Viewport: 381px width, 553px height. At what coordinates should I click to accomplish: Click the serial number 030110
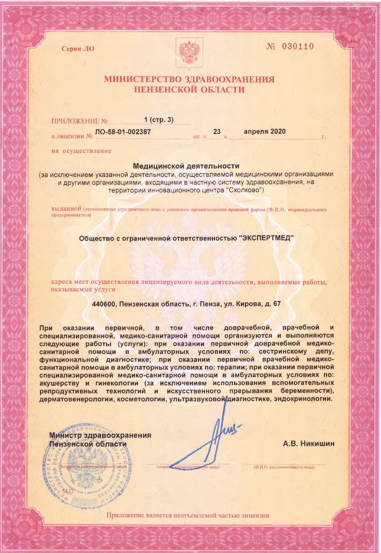click(298, 46)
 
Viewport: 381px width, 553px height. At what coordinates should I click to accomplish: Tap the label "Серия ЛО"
click(78, 49)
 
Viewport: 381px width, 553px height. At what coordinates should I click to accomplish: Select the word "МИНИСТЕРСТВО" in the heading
click(141, 80)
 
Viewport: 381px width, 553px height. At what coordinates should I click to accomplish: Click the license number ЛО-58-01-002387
click(124, 132)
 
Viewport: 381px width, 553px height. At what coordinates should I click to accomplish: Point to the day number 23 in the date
click(217, 131)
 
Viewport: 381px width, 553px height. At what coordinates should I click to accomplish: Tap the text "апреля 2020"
click(265, 131)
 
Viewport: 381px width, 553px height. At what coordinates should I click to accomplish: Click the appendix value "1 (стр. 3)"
click(159, 120)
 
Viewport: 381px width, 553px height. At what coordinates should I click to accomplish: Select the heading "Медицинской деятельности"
click(186, 165)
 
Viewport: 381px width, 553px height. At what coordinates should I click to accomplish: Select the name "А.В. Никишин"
click(309, 443)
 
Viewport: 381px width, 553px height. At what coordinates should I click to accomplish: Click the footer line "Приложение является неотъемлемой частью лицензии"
click(188, 515)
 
